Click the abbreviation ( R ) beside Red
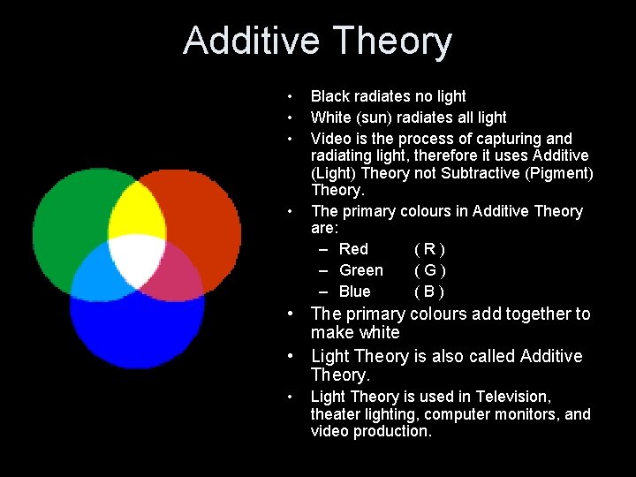tap(429, 249)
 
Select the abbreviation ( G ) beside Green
tap(429, 270)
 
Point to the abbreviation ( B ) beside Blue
tap(429, 291)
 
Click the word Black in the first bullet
tap(330, 96)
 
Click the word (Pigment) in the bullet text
tap(559, 173)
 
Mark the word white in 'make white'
tap(379, 333)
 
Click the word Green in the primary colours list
tap(361, 270)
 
